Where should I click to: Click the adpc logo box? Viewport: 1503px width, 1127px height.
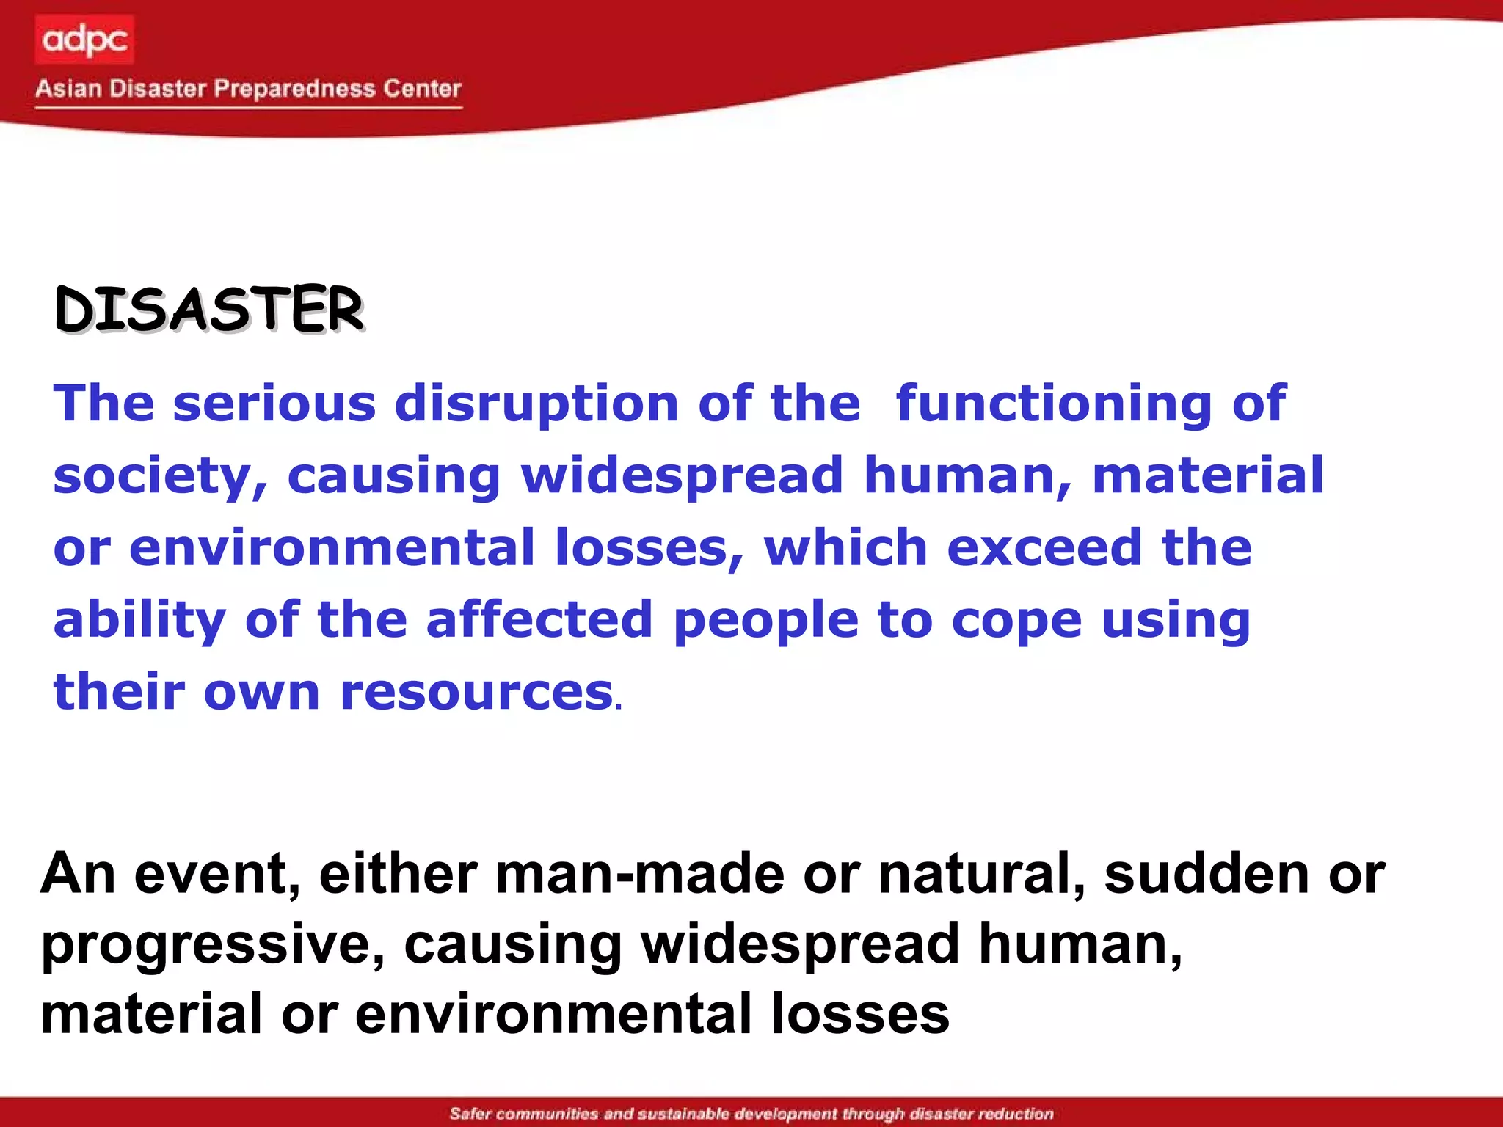tap(84, 40)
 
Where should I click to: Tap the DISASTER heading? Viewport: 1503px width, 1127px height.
tap(209, 309)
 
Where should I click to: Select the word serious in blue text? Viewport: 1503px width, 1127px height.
tap(274, 404)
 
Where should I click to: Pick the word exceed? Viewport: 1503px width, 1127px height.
tap(1044, 548)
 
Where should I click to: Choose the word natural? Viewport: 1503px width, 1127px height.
tap(980, 874)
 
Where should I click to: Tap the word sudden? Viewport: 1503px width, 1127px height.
tap(1207, 874)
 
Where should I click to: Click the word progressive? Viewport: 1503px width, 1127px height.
tap(212, 945)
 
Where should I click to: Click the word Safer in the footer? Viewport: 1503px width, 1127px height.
tap(470, 1114)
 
